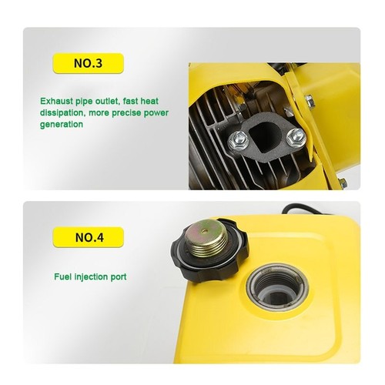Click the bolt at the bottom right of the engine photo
tap(343, 182)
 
